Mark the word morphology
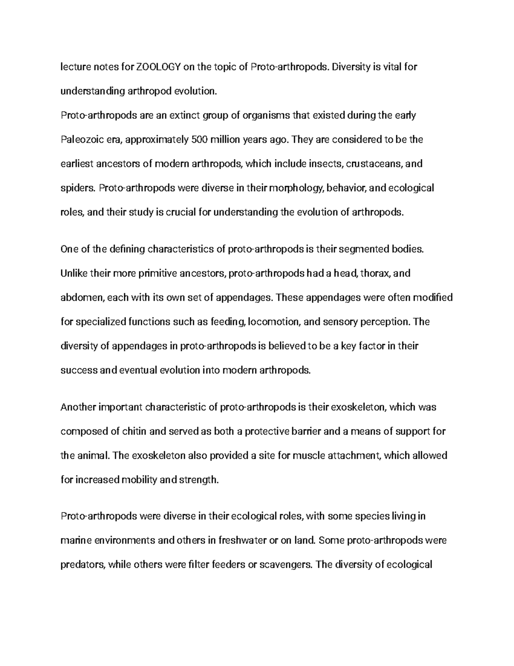(295, 188)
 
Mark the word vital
(387, 67)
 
